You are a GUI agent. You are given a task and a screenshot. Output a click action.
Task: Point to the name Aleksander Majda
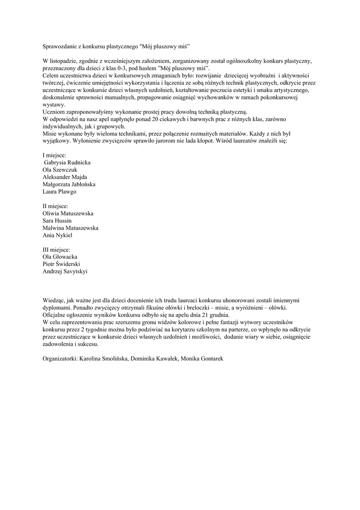click(65, 177)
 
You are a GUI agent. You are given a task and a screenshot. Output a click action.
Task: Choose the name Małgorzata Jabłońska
click(69, 184)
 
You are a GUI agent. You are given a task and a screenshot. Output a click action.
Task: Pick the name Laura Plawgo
click(60, 191)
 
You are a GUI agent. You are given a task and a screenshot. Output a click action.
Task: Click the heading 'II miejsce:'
click(55, 206)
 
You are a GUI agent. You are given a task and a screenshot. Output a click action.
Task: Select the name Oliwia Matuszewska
click(68, 213)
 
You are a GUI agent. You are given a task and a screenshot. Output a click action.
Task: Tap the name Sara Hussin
click(57, 220)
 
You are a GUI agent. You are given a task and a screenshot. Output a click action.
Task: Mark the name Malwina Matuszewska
click(70, 228)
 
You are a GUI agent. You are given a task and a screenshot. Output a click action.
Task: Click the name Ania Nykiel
click(58, 235)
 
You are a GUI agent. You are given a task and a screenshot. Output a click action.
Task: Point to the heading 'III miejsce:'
click(56, 250)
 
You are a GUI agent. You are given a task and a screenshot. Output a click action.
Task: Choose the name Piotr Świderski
click(62, 264)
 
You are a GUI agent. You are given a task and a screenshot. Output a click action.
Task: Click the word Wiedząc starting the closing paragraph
click(54, 300)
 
